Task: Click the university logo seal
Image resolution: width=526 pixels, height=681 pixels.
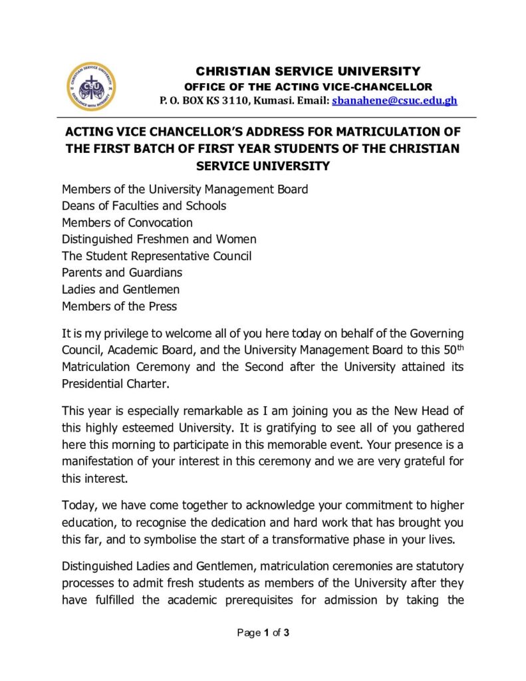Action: pos(91,87)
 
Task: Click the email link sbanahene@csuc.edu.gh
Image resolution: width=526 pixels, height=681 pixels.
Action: pos(394,101)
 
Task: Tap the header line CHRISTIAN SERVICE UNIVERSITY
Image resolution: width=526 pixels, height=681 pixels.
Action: pos(307,71)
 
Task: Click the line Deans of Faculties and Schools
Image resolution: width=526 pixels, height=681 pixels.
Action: pos(144,205)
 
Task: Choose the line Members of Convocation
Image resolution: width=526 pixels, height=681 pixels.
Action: pos(127,222)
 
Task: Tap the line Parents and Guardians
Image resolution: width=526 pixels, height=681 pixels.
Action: pos(122,273)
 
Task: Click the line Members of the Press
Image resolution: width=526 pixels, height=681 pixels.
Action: pos(119,306)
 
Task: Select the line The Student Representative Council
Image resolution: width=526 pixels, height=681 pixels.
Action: pos(156,256)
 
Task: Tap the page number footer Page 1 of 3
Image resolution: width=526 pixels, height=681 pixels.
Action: pos(263,633)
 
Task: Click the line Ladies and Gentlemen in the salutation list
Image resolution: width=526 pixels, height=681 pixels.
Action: pos(120,289)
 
